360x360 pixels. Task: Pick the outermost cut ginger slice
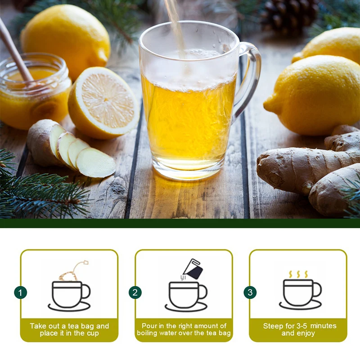click(95, 163)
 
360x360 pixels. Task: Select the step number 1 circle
click(20, 292)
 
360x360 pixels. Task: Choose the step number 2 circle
click(135, 292)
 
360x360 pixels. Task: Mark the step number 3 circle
click(250, 292)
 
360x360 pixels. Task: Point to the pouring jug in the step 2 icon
click(193, 269)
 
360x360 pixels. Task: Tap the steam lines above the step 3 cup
click(298, 274)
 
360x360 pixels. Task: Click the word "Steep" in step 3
click(273, 326)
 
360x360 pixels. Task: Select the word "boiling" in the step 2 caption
click(151, 333)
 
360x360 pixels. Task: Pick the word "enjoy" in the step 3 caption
click(306, 333)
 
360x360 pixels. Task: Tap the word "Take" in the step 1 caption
click(38, 326)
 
